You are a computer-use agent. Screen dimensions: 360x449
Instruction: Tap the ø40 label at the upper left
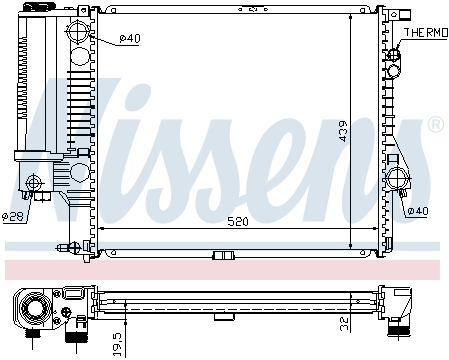[130, 38]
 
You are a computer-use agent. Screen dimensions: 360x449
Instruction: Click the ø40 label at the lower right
[418, 210]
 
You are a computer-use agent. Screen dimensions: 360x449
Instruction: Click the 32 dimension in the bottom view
[342, 322]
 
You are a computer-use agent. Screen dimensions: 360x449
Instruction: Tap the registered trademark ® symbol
[434, 125]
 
